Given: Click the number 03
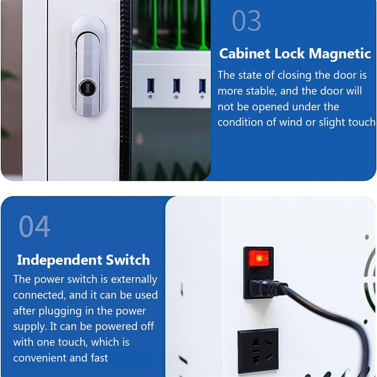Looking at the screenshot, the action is (x=246, y=21).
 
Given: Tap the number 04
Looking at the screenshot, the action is (x=35, y=226).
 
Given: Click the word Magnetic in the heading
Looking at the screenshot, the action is (x=340, y=53).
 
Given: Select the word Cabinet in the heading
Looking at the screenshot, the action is (x=244, y=53).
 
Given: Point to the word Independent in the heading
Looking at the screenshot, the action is (x=60, y=260).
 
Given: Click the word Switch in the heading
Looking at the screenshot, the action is (x=128, y=260).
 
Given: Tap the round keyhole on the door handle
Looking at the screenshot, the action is (x=87, y=87).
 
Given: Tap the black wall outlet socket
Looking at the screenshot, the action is (x=258, y=350).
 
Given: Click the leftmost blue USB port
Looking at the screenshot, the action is (x=151, y=85).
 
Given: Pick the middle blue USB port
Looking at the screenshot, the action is (x=177, y=85).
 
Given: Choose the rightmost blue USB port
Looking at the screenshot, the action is (x=203, y=86).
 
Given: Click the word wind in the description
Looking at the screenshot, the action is (x=291, y=122).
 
